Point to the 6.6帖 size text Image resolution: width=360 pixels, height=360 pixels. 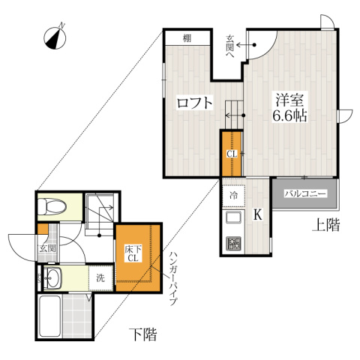(x=289, y=117)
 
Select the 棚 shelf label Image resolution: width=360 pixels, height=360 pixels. (x=187, y=38)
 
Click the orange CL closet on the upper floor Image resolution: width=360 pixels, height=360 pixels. (x=232, y=154)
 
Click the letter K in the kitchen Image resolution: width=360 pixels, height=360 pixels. (x=257, y=215)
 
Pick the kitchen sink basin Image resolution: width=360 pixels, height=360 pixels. (x=232, y=219)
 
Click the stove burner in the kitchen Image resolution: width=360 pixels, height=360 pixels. (x=232, y=243)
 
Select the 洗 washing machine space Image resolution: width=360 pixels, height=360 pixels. (x=100, y=277)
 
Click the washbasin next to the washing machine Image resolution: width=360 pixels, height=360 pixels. (x=55, y=277)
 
